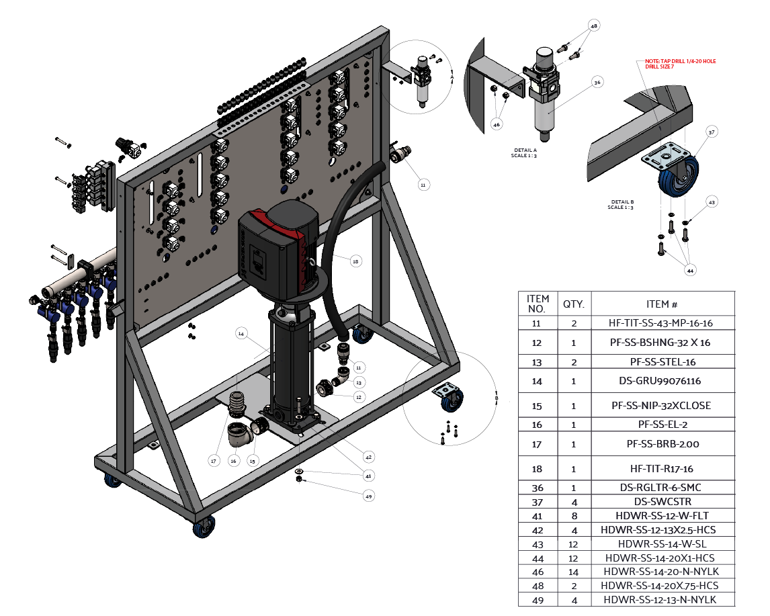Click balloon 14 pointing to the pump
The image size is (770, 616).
242,333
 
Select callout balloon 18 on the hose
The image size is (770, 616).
355,260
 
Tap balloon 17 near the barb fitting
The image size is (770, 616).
214,461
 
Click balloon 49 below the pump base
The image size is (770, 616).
368,496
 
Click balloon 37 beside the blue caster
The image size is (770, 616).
712,133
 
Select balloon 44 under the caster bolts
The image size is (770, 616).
689,270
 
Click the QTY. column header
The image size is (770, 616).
574,304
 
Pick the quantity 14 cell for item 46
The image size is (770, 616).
574,572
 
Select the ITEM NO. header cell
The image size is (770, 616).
538,304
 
